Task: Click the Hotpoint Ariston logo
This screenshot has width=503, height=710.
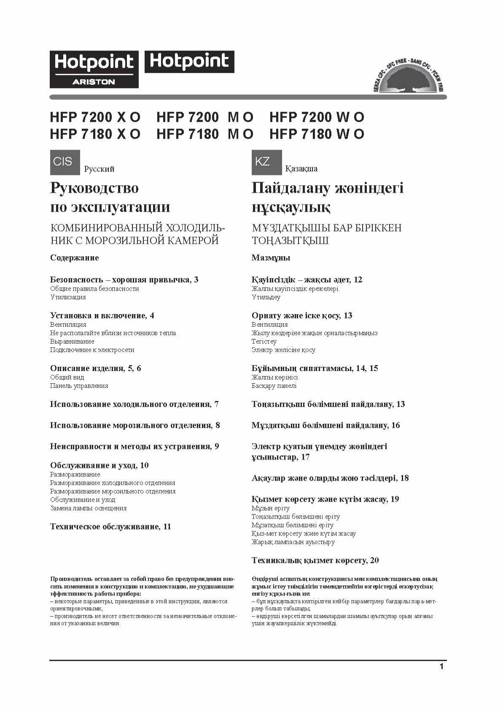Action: [94, 69]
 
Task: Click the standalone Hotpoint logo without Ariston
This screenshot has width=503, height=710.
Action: [189, 62]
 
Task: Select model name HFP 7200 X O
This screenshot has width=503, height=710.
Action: [95, 117]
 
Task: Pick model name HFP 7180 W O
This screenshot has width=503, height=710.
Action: [317, 134]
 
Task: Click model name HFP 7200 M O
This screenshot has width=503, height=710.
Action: [204, 117]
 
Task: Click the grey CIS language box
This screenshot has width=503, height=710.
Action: [65, 162]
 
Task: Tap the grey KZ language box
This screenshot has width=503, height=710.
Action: [266, 162]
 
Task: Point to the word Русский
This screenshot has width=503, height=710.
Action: [99, 169]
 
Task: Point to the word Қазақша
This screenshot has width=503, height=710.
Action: [301, 169]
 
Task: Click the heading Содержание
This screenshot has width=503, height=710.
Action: [74, 258]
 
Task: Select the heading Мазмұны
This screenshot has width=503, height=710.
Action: [271, 258]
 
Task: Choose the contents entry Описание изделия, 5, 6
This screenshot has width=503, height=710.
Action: [95, 368]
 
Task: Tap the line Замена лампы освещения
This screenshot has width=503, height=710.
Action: [88, 508]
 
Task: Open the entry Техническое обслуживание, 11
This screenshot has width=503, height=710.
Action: [110, 527]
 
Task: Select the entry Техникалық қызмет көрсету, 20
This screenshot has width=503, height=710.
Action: [315, 560]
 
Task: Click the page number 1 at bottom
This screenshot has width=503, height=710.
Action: [441, 667]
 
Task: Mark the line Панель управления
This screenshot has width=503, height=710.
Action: [79, 386]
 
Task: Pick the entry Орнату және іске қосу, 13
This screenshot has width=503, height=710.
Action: [301, 315]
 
